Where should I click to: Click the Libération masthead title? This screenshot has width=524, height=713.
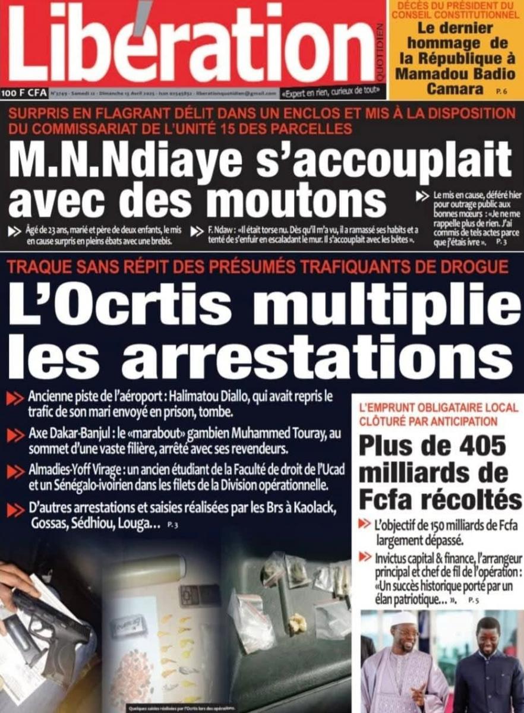coord(190,43)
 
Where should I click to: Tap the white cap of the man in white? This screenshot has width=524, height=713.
coord(403,619)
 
